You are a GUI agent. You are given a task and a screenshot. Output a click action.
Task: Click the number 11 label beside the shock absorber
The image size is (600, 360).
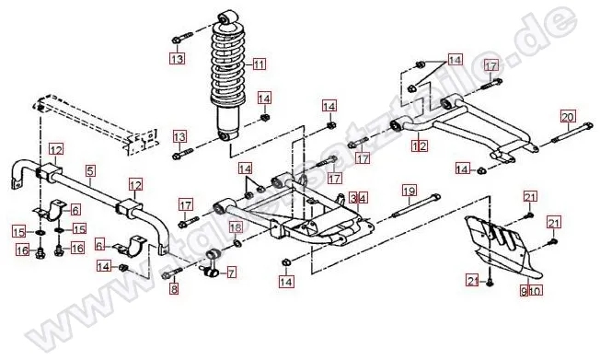tap(259, 64)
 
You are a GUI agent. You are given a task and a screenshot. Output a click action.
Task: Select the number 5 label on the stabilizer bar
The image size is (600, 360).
tap(90, 170)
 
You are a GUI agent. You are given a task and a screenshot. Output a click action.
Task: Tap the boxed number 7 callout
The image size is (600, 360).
tap(231, 273)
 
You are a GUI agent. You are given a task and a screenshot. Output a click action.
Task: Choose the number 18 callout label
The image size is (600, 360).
tap(236, 227)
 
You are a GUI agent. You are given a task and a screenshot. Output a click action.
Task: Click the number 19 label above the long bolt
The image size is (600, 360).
tap(405, 192)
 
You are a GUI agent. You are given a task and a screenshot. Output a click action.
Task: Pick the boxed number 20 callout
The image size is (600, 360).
tap(567, 116)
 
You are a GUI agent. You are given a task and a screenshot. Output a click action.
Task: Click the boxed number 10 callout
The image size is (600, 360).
tap(537, 291)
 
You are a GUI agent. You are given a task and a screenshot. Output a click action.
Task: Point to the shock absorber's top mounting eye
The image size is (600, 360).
tap(226, 17)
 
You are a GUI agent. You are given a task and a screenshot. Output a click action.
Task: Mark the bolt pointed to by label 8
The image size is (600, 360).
tap(167, 274)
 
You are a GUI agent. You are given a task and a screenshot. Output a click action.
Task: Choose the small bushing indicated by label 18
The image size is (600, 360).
tap(238, 243)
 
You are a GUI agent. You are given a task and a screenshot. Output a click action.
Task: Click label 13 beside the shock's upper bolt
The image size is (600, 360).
tap(177, 59)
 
